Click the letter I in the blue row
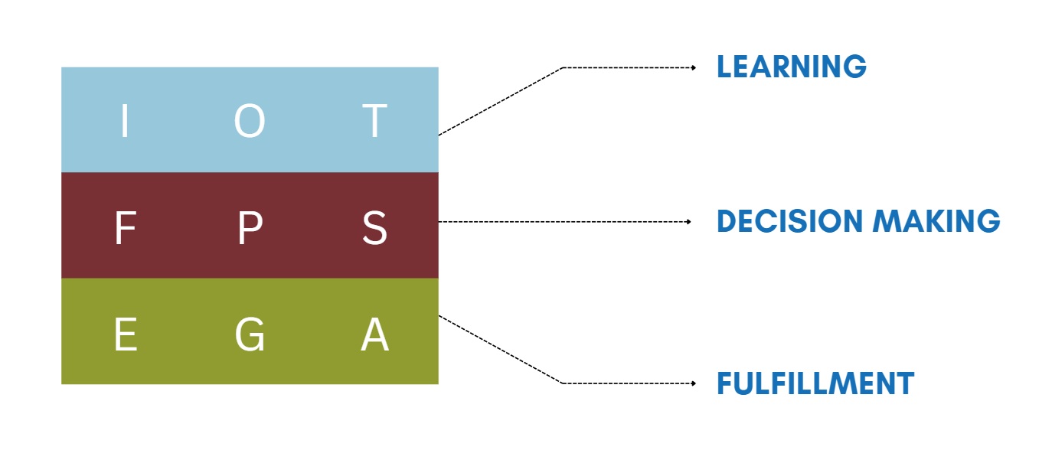[125, 121]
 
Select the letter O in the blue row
[250, 121]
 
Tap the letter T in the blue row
[374, 121]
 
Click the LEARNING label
[791, 67]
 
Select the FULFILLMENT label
[815, 383]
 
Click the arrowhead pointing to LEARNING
[694, 68]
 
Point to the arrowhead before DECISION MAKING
[689, 222]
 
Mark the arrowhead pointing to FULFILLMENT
[694, 383]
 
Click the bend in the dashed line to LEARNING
[563, 68]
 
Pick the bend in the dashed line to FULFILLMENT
[563, 383]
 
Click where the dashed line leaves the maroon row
[439, 222]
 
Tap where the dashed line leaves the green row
[439, 315]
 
